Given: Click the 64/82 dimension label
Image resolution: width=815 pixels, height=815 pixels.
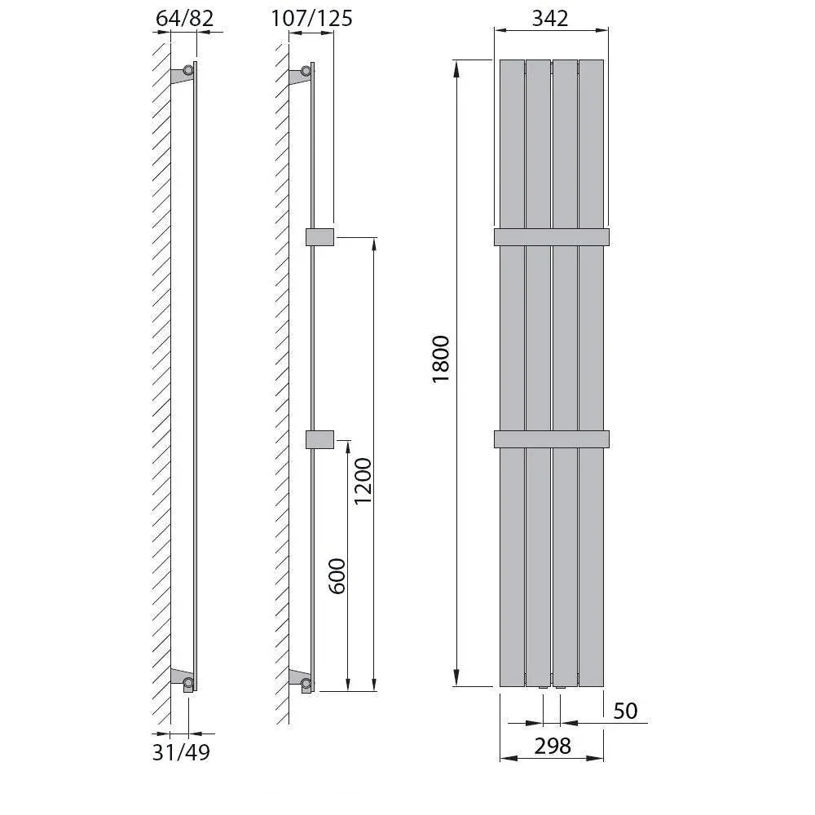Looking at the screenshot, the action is tap(184, 19).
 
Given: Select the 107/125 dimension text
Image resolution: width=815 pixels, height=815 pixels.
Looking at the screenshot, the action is tap(311, 19).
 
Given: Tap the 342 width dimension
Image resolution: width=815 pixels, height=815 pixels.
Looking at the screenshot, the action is tap(550, 19).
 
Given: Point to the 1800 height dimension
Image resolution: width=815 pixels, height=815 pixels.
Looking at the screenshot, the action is tap(441, 359).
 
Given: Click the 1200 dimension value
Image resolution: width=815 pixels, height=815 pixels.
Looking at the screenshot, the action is tap(363, 481).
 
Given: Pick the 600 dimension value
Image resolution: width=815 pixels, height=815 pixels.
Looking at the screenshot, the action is tap(337, 576).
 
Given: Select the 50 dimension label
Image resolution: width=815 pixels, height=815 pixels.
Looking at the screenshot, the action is tap(625, 711).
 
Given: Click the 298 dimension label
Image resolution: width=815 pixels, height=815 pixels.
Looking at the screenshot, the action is tap(553, 747).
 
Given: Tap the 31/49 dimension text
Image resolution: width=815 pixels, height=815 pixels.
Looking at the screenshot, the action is tap(181, 752).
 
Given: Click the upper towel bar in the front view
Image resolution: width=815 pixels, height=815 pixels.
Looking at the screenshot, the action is tap(552, 237).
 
